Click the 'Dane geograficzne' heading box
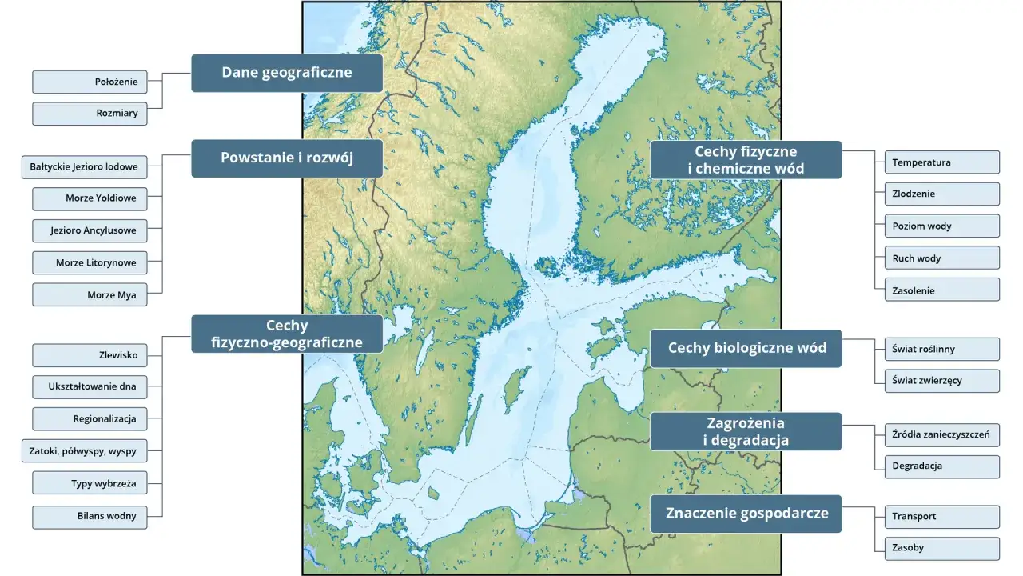287,73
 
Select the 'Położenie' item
90,82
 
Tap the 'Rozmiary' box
90,114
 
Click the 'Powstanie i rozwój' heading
287,158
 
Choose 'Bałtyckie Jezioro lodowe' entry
84,167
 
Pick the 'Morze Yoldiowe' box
90,198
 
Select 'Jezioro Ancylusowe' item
90,230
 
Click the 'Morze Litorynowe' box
90,262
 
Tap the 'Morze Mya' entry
90,294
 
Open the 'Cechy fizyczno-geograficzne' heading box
287,334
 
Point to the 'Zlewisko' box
90,355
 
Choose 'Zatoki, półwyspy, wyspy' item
84,451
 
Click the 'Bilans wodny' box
90,517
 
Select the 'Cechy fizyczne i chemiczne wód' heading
746,160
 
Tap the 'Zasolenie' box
941,290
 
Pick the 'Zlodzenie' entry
941,194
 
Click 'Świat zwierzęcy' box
941,381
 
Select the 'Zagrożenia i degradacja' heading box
746,432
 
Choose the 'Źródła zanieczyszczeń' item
941,435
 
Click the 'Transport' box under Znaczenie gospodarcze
941,517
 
